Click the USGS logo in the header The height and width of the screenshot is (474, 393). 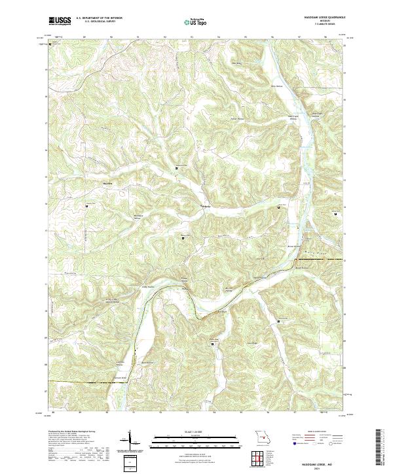tap(60, 21)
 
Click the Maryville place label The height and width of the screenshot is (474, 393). tap(108, 183)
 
